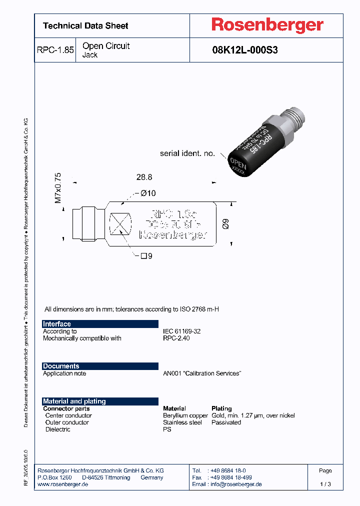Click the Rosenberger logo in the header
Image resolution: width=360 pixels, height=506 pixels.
[267, 25]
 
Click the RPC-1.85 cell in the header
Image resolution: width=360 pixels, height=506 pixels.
[55, 50]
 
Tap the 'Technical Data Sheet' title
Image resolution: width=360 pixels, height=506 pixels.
[85, 25]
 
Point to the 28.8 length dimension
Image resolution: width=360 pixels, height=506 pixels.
[144, 177]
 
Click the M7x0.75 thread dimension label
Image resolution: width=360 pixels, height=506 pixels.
[58, 188]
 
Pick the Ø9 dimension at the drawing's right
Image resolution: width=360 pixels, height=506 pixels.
[225, 224]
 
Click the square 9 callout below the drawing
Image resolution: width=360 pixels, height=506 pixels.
[146, 256]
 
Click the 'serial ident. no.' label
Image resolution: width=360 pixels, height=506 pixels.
[187, 153]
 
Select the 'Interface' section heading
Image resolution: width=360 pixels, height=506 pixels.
[57, 324]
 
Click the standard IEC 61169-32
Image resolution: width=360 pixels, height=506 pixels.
[182, 331]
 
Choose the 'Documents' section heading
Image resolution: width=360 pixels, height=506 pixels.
[61, 366]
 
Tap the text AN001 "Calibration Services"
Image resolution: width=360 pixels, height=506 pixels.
[202, 373]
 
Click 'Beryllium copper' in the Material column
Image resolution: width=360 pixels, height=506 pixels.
[185, 415]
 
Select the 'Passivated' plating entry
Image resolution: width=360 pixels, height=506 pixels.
[226, 422]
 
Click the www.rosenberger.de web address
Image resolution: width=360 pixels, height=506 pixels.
[63, 484]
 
